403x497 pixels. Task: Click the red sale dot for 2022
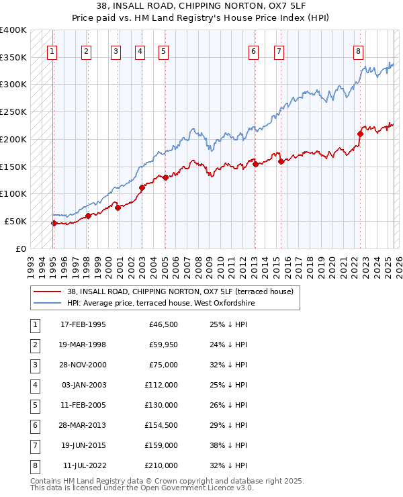tap(360, 134)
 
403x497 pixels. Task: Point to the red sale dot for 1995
tap(54, 223)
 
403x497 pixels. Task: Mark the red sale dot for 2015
tap(281, 161)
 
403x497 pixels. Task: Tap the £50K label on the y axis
tap(15, 221)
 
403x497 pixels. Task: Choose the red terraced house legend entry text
tap(180, 291)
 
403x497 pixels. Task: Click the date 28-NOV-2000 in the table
tap(83, 365)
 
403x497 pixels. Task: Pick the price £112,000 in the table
tap(161, 385)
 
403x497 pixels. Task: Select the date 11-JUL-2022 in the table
tap(83, 465)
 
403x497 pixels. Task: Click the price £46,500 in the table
tap(163, 324)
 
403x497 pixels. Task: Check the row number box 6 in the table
tap(34, 425)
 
